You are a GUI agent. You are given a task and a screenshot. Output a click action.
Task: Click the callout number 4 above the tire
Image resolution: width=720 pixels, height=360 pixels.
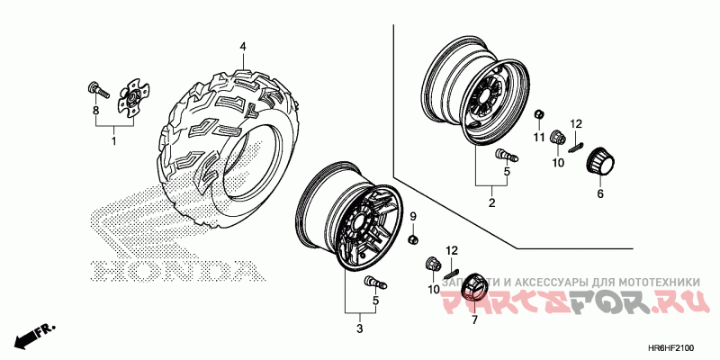[242, 47]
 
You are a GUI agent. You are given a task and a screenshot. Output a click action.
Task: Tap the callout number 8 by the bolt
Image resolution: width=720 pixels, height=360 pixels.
[96, 111]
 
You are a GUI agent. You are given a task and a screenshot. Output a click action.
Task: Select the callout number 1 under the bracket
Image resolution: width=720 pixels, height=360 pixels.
[114, 141]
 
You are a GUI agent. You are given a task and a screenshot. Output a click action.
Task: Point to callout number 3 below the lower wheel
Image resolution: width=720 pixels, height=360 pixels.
[359, 329]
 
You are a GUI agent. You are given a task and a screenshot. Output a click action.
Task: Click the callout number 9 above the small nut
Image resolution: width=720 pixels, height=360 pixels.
[414, 217]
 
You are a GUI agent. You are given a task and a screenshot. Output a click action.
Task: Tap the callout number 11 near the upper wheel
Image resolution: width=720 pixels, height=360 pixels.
[538, 137]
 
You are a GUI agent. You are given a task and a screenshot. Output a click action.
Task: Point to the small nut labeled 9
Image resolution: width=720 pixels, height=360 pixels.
[414, 239]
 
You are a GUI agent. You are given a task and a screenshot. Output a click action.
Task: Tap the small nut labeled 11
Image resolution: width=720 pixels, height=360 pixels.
[538, 113]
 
